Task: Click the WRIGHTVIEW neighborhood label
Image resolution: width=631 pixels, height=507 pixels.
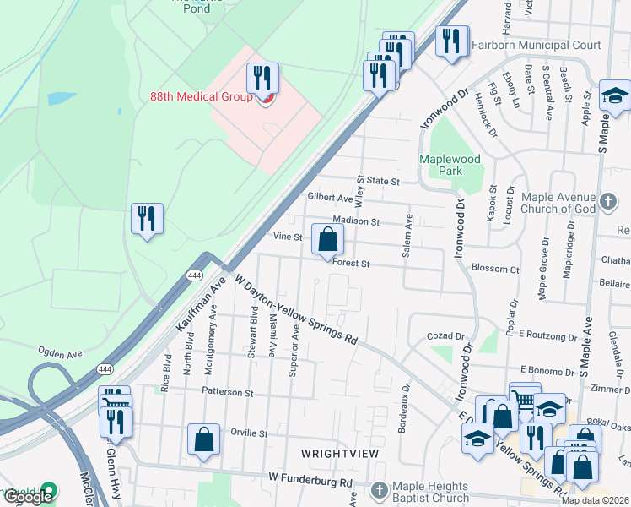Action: [x=340, y=454]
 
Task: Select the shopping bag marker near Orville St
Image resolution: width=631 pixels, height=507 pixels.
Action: [x=203, y=439]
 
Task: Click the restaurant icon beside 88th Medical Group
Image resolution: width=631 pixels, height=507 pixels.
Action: [x=263, y=79]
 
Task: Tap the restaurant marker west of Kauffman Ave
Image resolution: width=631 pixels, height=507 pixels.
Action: [x=147, y=219]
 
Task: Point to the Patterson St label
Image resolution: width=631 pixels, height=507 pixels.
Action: [x=227, y=393]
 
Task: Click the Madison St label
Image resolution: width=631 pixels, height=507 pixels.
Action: [x=362, y=221]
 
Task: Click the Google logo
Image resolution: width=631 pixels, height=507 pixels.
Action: [x=28, y=497]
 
